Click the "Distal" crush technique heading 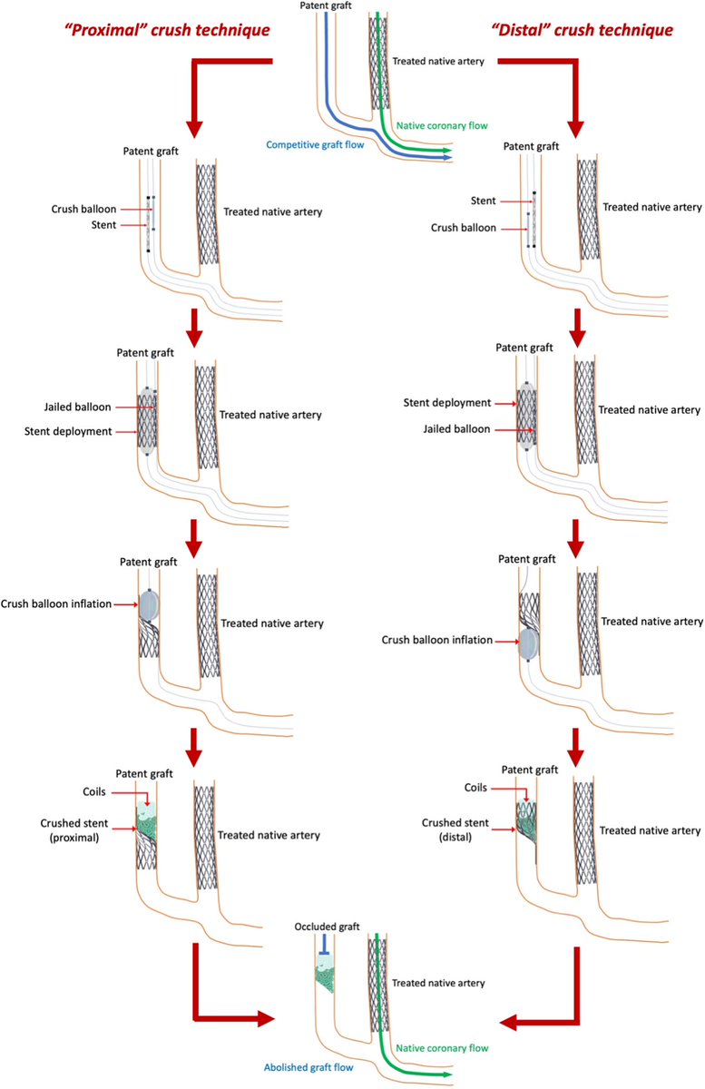pos(596,29)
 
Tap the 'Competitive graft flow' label pos(308,144)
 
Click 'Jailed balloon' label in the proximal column pos(90,409)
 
